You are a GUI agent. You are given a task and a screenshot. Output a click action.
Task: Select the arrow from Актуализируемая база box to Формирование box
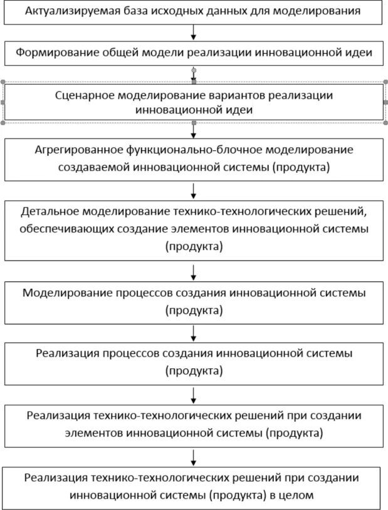(194, 31)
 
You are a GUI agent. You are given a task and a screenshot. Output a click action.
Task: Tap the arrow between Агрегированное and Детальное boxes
(194, 189)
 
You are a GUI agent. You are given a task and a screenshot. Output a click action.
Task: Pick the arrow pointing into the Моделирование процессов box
(194, 271)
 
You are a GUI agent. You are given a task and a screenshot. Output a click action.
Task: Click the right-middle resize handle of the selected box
(385, 102)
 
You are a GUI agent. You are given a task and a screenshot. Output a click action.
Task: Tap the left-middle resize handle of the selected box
(3, 102)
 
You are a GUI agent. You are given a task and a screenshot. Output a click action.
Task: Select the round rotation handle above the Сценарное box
(194, 70)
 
